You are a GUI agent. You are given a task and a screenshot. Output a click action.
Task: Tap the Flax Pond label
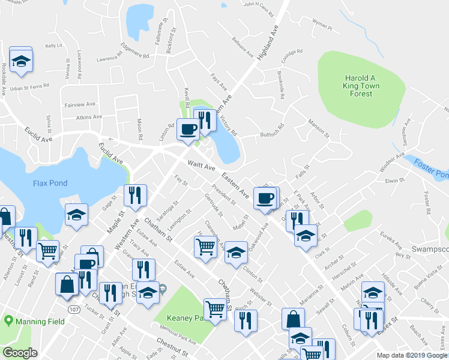point(51,183)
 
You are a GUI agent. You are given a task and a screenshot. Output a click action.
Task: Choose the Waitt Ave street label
point(201,164)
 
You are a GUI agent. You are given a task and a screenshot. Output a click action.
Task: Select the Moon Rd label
point(140,128)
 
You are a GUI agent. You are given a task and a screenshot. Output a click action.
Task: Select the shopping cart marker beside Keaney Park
point(215,309)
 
